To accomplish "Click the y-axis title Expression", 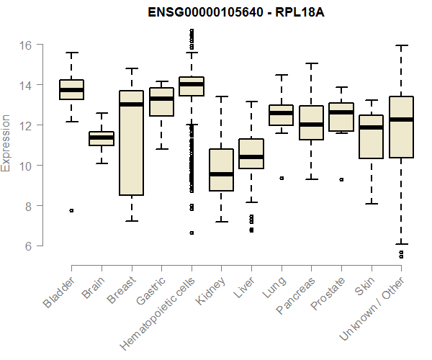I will coord(6,143).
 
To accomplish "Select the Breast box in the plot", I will coord(131,143).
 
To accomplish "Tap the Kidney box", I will coord(221,170).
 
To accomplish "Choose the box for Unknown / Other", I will coord(400,127).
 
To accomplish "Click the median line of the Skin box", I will coord(371,127).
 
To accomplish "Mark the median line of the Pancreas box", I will coord(311,125).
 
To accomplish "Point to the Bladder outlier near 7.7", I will coord(71,210).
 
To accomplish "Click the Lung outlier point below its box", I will coord(282,178).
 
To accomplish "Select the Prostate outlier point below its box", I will coord(341,179).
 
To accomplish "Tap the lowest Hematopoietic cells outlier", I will coord(192,233).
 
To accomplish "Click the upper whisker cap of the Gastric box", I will coord(161,81).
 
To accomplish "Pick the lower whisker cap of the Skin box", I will coord(371,204).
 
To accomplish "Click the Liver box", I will coord(251,153).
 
